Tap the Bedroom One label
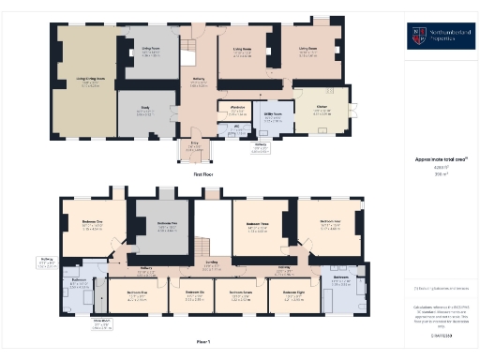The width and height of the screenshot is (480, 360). tap(91, 225)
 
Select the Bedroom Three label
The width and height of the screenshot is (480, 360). tap(258, 225)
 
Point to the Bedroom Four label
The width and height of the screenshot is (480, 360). tap(329, 225)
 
